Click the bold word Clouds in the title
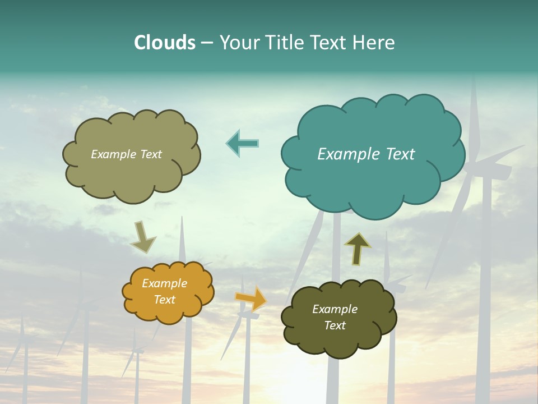click(165, 43)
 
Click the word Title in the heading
click(284, 43)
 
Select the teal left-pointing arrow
click(242, 143)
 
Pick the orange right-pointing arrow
click(251, 299)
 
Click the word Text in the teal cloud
click(400, 154)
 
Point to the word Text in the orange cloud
click(165, 300)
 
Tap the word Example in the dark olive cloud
click(335, 309)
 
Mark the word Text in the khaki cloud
click(151, 154)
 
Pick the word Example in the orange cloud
click(165, 283)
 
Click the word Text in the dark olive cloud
click(335, 325)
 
